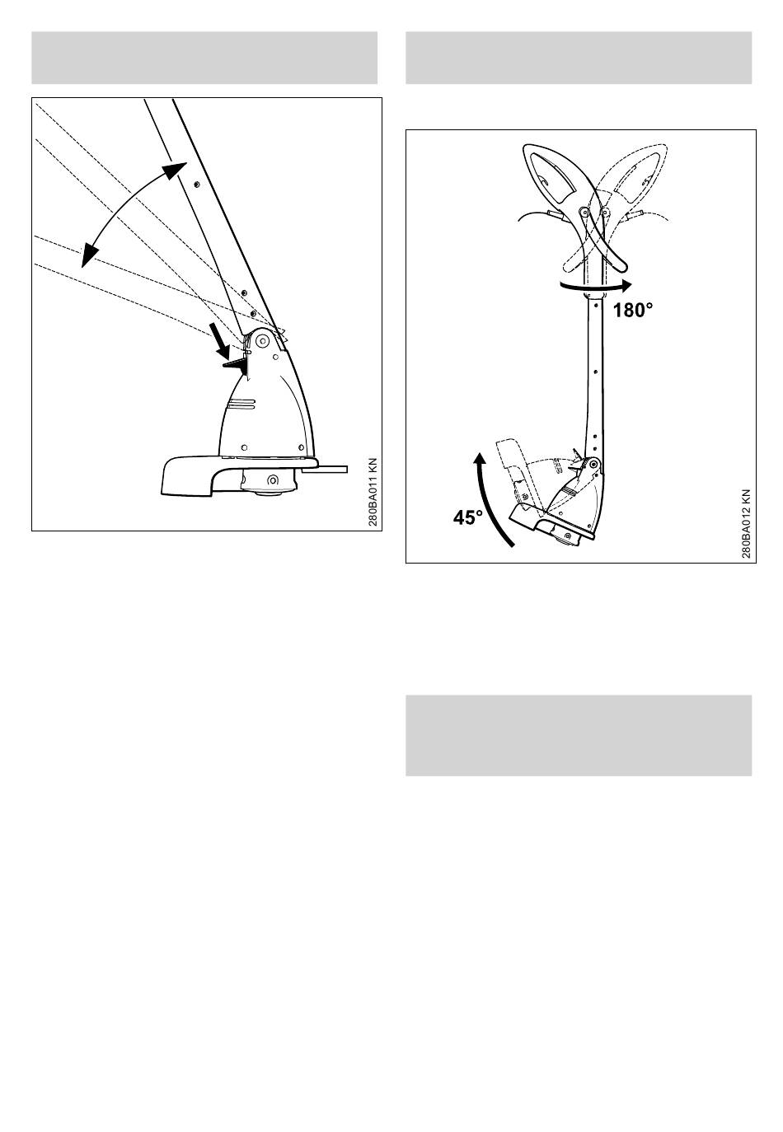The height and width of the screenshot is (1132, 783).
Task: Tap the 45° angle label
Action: coord(468,517)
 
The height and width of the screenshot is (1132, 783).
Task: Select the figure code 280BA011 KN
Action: coord(373,492)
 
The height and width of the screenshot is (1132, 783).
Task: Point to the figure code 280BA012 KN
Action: coord(747,523)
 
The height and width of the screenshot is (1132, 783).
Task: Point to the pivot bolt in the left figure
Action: coord(262,342)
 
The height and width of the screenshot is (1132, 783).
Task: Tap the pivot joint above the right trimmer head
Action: coord(592,463)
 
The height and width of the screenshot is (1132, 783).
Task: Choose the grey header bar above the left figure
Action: coord(204,58)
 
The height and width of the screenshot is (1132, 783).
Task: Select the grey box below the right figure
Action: coord(579,735)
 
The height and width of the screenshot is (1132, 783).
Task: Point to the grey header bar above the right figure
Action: coord(579,58)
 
